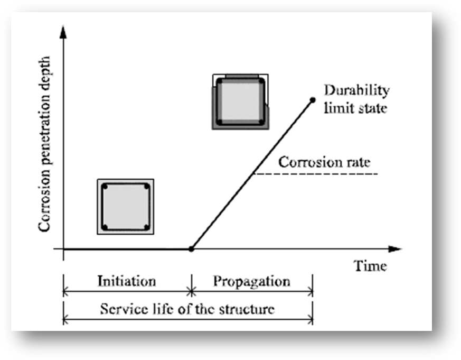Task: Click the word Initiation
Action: [x=126, y=281]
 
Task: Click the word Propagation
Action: [x=251, y=281]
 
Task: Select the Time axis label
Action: [x=370, y=265]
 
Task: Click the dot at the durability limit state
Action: [x=312, y=100]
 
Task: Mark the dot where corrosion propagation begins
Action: [x=191, y=248]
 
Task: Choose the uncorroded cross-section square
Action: [x=126, y=206]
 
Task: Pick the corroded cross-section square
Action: [x=240, y=101]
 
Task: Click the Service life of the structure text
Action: [x=187, y=309]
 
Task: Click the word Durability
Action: [x=356, y=90]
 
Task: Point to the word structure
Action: [x=248, y=309]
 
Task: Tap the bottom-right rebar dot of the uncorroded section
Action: [x=146, y=227]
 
